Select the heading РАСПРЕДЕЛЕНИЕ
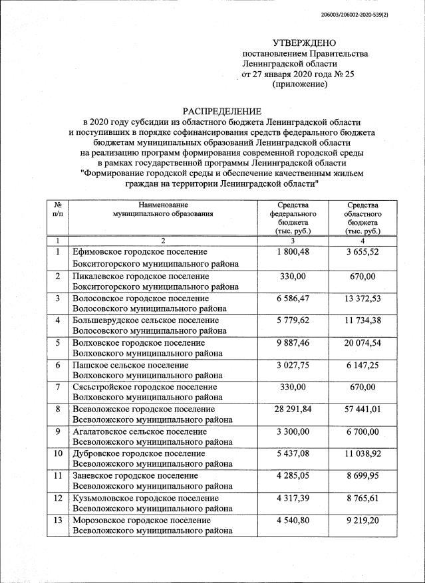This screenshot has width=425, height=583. pyautogui.click(x=222, y=111)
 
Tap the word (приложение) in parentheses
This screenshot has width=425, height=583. pyautogui.click(x=300, y=85)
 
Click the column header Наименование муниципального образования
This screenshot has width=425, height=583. pyautogui.click(x=164, y=209)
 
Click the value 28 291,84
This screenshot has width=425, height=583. pyautogui.click(x=293, y=409)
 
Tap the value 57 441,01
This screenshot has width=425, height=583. pyautogui.click(x=362, y=409)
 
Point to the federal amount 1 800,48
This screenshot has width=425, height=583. pyautogui.click(x=293, y=252)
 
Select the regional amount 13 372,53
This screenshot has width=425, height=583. pyautogui.click(x=362, y=300)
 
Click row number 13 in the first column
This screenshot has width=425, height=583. pyautogui.click(x=59, y=520)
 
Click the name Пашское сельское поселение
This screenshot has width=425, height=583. pyautogui.click(x=130, y=365)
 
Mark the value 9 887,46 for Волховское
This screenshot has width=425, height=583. pyautogui.click(x=293, y=343)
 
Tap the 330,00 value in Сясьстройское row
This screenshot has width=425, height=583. pyautogui.click(x=293, y=387)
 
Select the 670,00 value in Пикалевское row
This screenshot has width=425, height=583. pyautogui.click(x=362, y=276)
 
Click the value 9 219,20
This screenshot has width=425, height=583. pyautogui.click(x=362, y=520)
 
